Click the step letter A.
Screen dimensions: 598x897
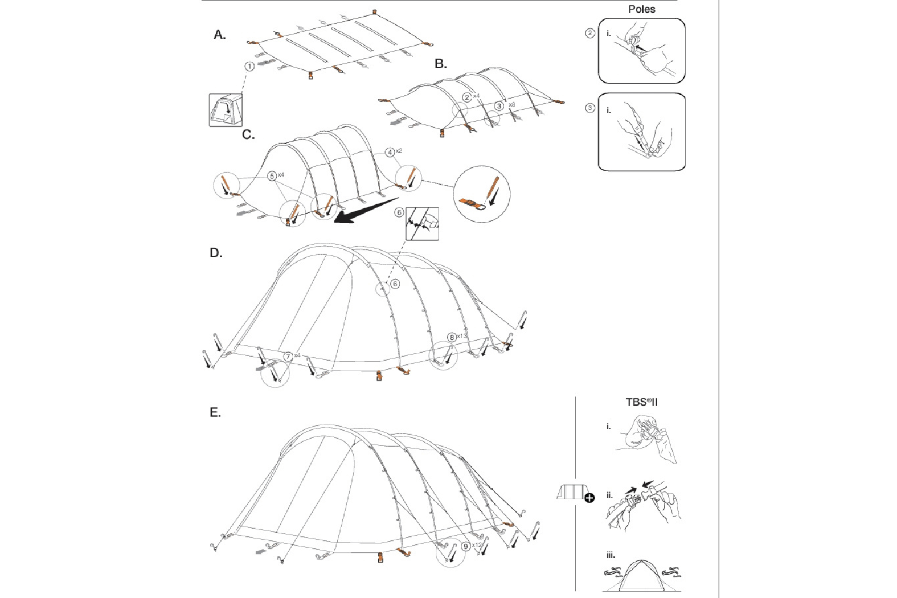tap(219, 35)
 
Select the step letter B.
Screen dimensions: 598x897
tap(440, 64)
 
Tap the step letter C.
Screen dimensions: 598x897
tap(248, 135)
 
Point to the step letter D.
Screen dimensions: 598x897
tap(216, 253)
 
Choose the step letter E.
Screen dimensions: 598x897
tap(215, 412)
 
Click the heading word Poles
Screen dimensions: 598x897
tap(641, 9)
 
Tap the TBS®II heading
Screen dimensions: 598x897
tap(641, 402)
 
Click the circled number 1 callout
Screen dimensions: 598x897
tap(249, 67)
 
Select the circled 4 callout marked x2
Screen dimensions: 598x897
tap(390, 152)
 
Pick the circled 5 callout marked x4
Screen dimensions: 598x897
tap(272, 176)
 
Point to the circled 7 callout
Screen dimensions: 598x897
tap(288, 357)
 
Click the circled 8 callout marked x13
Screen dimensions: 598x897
tap(452, 337)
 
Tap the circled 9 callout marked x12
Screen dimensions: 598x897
tap(466, 546)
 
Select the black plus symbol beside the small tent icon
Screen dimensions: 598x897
tap(589, 498)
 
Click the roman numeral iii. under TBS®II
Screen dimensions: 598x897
tap(610, 555)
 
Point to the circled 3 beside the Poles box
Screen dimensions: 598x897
tap(590, 108)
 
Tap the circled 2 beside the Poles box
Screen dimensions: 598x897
tap(590, 33)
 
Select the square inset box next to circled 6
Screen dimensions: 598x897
tap(422, 224)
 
